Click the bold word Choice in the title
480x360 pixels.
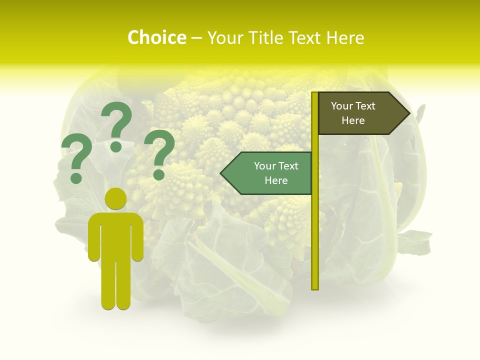click(156, 37)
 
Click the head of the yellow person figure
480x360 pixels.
click(115, 198)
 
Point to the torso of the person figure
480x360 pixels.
click(115, 235)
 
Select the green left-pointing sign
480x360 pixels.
click(270, 173)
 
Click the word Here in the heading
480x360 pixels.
click(345, 37)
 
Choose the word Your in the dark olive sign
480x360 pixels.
click(342, 106)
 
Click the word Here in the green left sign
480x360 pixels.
click(276, 180)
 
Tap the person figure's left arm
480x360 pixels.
click(94, 237)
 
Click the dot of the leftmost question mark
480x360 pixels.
click(76, 178)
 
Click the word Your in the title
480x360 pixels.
click(224, 37)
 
